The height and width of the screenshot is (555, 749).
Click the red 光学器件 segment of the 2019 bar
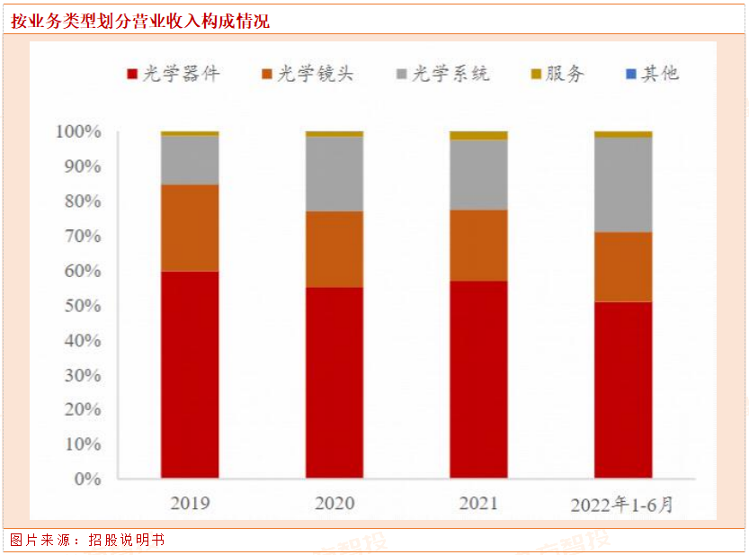[x=190, y=373]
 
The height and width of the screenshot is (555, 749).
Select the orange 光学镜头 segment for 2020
[x=334, y=249]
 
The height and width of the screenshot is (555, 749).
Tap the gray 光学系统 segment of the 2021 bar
[x=478, y=175]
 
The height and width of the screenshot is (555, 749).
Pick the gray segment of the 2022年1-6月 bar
[x=623, y=184]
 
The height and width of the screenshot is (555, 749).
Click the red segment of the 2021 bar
[x=478, y=379]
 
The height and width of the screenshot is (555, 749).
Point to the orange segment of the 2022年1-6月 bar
[x=623, y=266]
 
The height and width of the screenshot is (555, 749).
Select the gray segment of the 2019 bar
[x=190, y=160]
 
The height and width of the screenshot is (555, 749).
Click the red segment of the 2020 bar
[x=334, y=382]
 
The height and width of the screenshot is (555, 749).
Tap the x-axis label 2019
[x=190, y=503]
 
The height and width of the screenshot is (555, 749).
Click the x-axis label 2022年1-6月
[x=622, y=504]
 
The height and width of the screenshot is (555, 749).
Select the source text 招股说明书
[x=127, y=540]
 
